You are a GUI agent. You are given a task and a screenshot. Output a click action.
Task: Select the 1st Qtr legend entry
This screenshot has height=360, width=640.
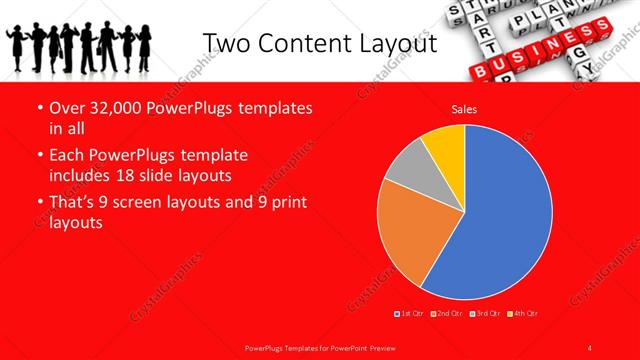[x=410, y=314]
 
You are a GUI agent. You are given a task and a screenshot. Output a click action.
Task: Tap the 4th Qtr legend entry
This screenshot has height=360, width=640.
[x=522, y=314]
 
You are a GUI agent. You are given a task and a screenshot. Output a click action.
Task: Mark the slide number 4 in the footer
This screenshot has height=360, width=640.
[x=590, y=347]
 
